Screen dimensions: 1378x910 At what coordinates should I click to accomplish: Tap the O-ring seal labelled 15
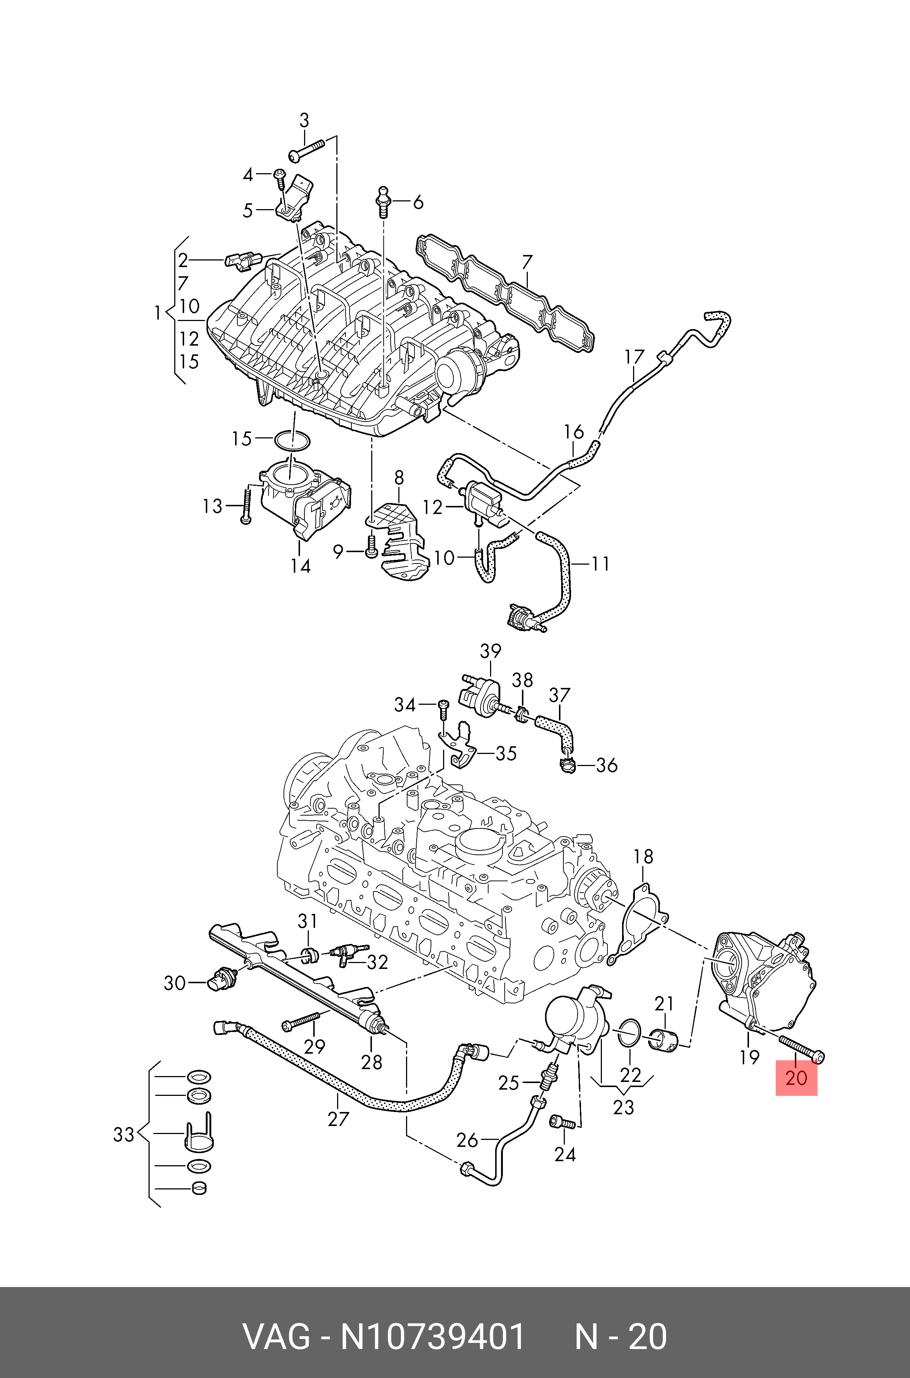coord(291,440)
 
